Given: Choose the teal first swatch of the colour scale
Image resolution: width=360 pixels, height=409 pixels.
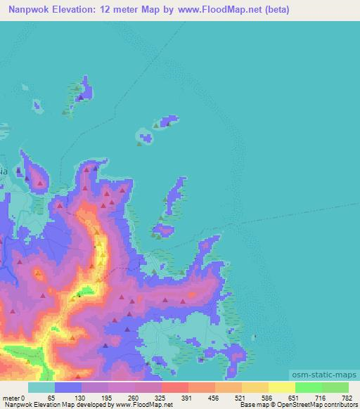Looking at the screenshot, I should point(41,388).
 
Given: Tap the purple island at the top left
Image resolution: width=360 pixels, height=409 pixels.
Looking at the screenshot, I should point(82,91).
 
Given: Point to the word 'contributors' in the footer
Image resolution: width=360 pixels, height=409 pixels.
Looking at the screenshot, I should point(339,405).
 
